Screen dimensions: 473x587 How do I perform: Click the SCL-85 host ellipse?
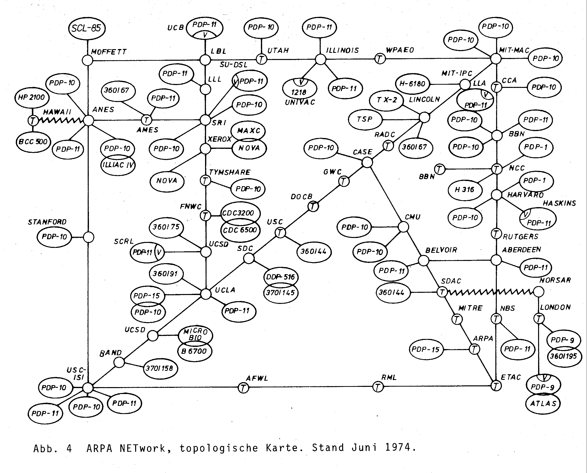click(87, 28)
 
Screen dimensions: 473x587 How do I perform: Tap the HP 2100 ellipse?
click(31, 97)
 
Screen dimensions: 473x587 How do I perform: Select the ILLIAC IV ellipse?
click(118, 165)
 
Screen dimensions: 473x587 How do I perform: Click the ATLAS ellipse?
click(543, 404)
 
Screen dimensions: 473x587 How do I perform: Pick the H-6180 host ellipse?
click(412, 84)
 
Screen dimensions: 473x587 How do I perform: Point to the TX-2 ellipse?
click(387, 100)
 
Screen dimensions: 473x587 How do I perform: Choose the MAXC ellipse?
click(248, 131)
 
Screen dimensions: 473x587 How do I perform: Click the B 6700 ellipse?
click(194, 351)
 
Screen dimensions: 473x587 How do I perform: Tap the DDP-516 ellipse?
click(281, 277)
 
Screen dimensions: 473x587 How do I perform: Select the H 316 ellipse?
click(464, 190)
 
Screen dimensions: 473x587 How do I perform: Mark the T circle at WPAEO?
click(380, 59)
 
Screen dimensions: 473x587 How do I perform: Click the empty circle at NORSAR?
click(539, 292)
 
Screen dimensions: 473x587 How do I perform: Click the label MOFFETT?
click(109, 52)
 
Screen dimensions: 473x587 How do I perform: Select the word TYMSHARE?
click(230, 172)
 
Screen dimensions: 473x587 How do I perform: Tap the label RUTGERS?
click(521, 236)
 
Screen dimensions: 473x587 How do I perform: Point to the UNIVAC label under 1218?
click(300, 102)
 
